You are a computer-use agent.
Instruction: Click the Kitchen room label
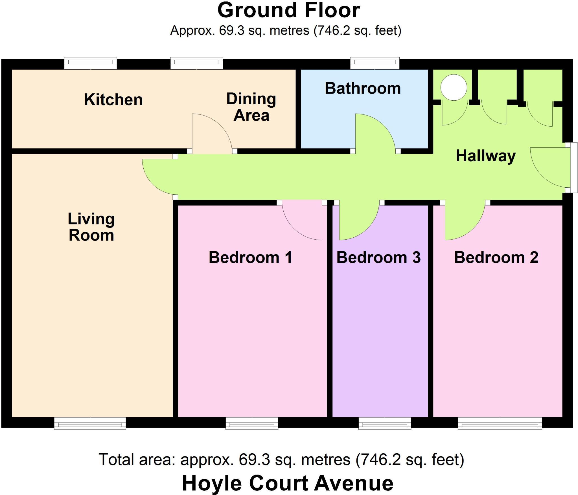point(113,100)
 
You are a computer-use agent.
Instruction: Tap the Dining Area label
point(251,107)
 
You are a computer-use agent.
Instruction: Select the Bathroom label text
point(363,89)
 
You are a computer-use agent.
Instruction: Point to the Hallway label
point(486,156)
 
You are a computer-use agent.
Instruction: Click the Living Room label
point(91,227)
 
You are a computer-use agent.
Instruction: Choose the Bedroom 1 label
point(250,257)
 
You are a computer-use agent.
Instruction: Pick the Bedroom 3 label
point(378,257)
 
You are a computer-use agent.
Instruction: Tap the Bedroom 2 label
point(496,257)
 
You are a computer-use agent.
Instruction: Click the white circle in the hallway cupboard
point(454,87)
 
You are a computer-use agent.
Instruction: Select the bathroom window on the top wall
point(375,63)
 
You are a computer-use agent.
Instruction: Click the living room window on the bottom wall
point(90,423)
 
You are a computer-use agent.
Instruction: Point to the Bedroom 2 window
point(500,423)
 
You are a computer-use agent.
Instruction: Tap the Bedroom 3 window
point(385,423)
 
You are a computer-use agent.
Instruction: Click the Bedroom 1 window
point(252,423)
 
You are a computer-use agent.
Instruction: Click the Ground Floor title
point(289,10)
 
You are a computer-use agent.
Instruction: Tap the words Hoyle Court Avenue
point(288,483)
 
